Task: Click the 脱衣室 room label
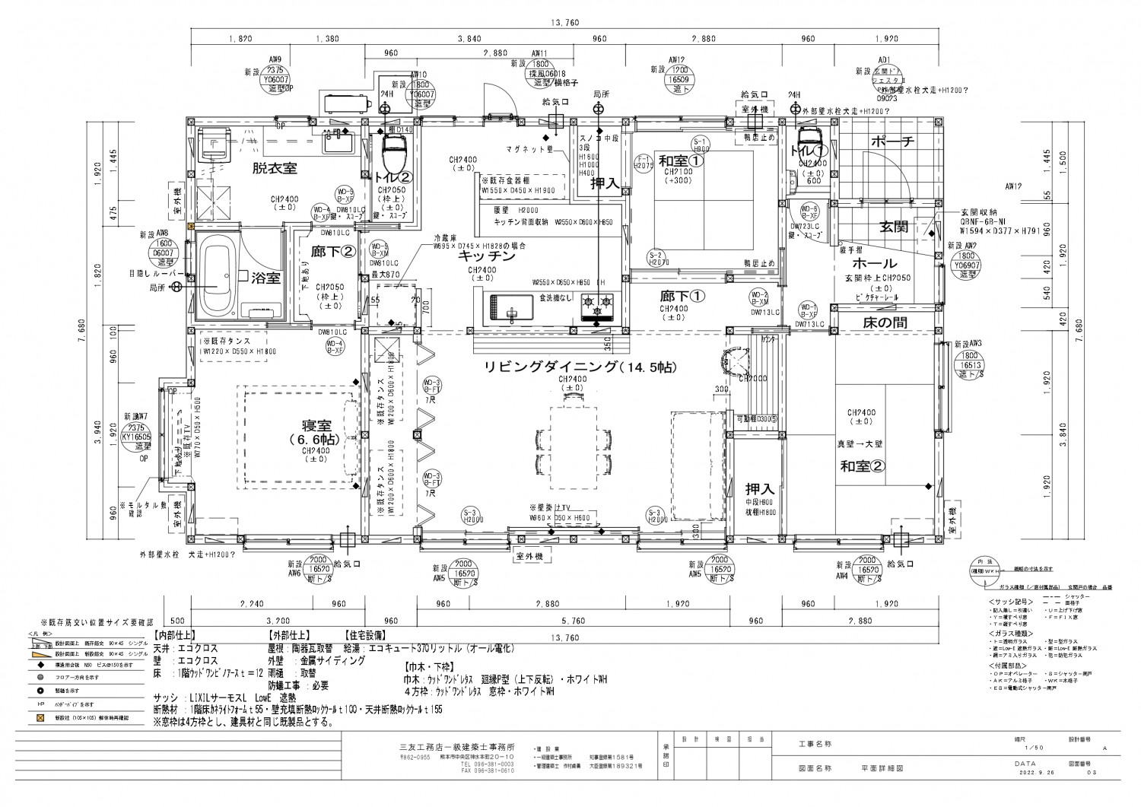[275, 168]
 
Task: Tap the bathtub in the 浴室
[217, 277]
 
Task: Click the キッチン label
[487, 257]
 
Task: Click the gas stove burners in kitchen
[597, 306]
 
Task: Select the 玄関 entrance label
[895, 226]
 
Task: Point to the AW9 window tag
[275, 59]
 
